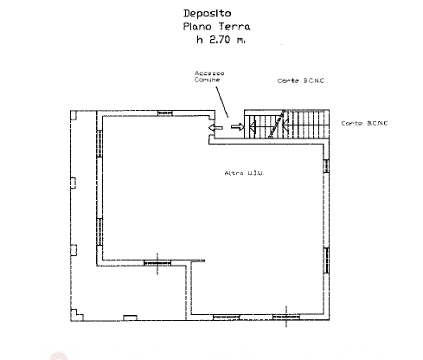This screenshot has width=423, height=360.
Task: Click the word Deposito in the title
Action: [x=208, y=14]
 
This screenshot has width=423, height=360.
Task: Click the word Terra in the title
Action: [x=234, y=27]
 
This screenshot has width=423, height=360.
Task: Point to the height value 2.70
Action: [x=220, y=40]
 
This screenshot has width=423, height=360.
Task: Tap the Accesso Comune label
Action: [x=209, y=76]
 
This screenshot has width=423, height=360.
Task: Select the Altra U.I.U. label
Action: [x=244, y=173]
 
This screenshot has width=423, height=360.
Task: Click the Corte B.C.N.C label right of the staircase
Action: [x=364, y=124]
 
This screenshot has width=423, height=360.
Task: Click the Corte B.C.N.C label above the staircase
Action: [x=301, y=80]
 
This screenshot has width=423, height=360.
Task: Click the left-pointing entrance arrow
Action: [x=215, y=127]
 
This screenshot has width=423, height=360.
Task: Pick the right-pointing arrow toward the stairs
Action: [x=237, y=126]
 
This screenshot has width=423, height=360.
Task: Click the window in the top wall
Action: [x=165, y=113]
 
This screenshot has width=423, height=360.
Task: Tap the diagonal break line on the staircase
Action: [x=277, y=124]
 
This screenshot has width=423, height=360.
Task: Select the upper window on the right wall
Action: [x=326, y=166]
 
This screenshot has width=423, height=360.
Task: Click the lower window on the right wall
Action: [x=326, y=260]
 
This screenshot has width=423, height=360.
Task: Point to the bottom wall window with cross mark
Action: [x=286, y=318]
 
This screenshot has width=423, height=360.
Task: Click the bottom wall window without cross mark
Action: [x=226, y=318]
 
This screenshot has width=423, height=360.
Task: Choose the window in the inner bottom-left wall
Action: [x=157, y=263]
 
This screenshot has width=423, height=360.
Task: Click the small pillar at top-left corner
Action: [x=74, y=115]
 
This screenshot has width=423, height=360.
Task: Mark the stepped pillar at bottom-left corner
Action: [x=77, y=315]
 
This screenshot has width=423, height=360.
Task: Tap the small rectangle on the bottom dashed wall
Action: [x=130, y=318]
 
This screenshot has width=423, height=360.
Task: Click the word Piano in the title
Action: [x=197, y=27]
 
